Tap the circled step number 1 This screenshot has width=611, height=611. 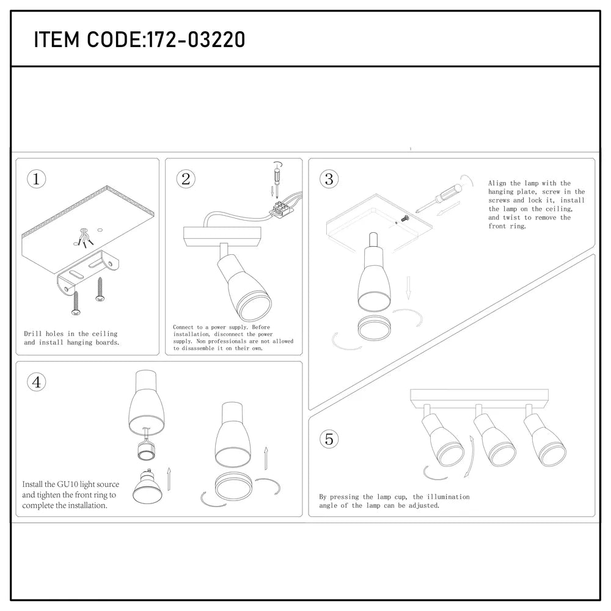[37, 179]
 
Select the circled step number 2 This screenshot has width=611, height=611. [186, 179]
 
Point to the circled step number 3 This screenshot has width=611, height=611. [329, 179]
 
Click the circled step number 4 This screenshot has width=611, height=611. [37, 382]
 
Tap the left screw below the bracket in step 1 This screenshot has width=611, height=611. [75, 303]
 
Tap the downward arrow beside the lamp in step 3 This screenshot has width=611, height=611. [408, 287]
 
